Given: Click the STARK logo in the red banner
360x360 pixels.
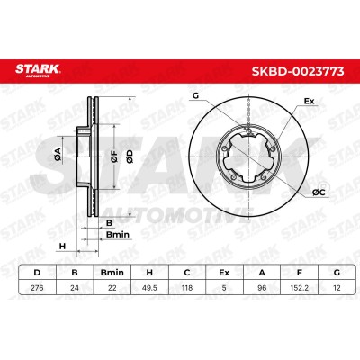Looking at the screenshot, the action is click(x=38, y=70).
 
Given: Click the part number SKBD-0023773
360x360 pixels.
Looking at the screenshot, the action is click(x=298, y=71).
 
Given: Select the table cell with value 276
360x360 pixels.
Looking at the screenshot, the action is click(x=37, y=288).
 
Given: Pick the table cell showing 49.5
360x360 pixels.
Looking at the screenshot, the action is click(x=149, y=288).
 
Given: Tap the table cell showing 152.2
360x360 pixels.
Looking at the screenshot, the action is click(x=299, y=288).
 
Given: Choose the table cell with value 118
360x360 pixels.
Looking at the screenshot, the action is click(x=187, y=288).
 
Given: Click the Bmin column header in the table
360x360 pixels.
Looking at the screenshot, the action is click(x=112, y=273).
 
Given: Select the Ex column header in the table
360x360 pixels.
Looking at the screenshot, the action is click(x=224, y=273).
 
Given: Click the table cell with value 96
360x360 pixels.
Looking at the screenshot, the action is click(x=262, y=288).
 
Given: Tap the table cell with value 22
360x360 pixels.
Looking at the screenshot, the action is click(x=112, y=288).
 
